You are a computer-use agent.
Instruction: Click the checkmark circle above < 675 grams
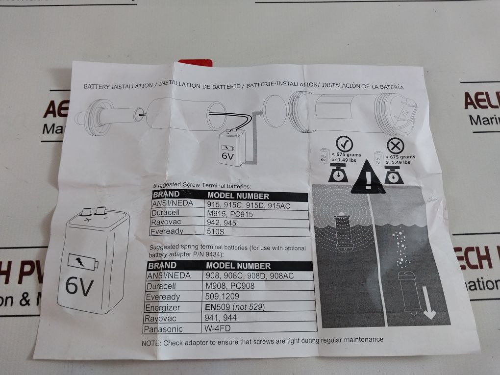(x=344, y=144)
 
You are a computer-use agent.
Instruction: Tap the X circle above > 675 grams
(x=396, y=147)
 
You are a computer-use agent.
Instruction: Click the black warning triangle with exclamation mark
(x=368, y=177)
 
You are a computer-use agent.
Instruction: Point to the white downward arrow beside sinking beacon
(x=429, y=302)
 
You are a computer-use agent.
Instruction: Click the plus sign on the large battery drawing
(x=87, y=220)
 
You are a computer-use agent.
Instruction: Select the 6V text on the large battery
(x=79, y=286)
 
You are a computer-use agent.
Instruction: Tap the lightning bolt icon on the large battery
(x=80, y=262)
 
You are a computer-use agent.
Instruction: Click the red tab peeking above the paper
(x=195, y=63)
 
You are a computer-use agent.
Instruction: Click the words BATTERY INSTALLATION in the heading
(x=118, y=86)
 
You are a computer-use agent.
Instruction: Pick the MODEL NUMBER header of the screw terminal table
(x=238, y=196)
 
